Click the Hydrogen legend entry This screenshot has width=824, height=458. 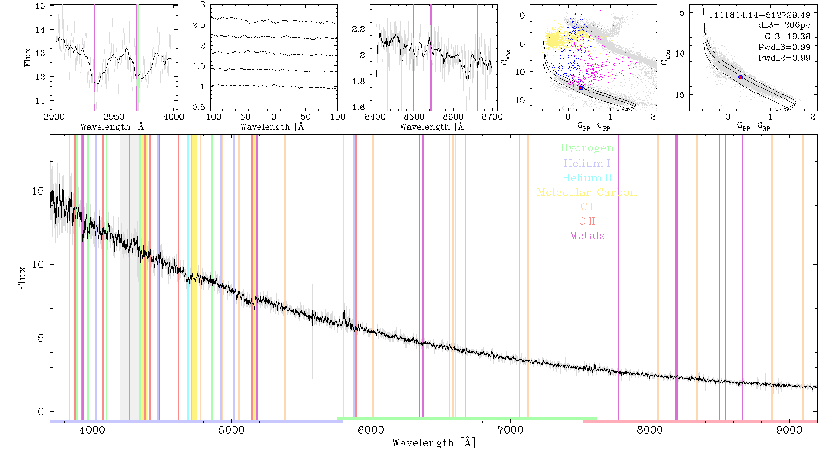tap(586, 148)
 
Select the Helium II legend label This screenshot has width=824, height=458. tap(587, 178)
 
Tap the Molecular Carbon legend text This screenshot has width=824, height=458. tap(587, 192)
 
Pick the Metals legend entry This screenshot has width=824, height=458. tap(587, 236)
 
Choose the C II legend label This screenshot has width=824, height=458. tap(587, 221)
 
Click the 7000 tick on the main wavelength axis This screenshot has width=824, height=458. tap(510, 430)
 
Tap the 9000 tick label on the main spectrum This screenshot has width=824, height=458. tap(789, 430)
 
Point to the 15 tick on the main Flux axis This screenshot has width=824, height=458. tap(38, 191)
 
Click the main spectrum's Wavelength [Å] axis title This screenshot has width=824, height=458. tap(434, 443)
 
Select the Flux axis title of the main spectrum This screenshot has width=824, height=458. tap(22, 278)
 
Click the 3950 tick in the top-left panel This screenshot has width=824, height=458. tap(114, 117)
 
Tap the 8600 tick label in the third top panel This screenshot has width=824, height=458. tap(454, 117)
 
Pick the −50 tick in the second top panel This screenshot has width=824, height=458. tap(242, 117)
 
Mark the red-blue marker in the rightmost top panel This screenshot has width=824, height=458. tap(741, 77)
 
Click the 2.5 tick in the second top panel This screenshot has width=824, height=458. tap(199, 25)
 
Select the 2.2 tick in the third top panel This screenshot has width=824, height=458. tap(359, 29)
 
